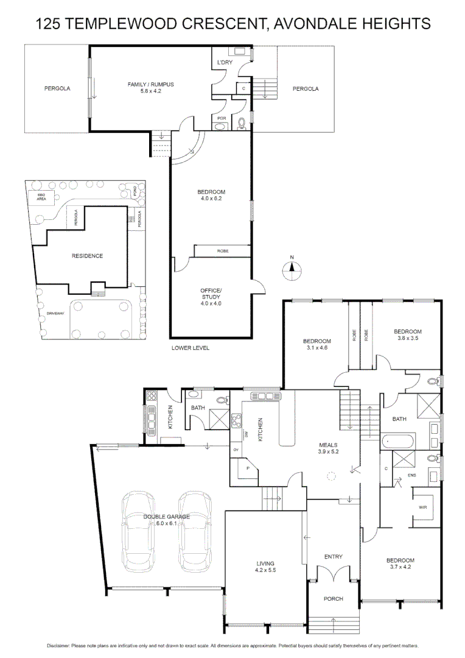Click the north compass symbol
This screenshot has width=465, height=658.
(292, 269)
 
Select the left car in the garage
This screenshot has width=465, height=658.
(139, 531)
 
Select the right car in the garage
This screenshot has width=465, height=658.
(195, 531)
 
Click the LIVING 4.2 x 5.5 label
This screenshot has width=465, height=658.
(265, 567)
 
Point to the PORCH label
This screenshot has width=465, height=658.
(333, 599)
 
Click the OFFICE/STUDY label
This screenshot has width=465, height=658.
(211, 294)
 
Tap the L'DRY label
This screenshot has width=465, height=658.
(225, 62)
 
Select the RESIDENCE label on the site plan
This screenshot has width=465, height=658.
(86, 256)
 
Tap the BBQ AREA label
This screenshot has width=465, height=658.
(41, 197)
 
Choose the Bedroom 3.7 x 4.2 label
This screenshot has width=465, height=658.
(400, 564)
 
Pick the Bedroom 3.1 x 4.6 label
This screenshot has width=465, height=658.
(317, 344)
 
